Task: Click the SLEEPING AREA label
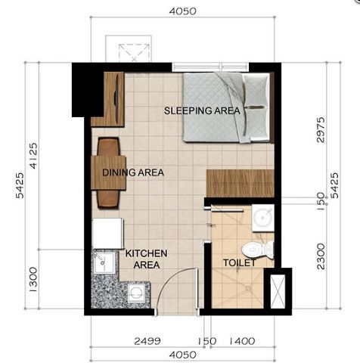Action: coord(202,111)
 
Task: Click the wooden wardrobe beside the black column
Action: coord(107,98)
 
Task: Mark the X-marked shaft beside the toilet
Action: coord(280,290)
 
